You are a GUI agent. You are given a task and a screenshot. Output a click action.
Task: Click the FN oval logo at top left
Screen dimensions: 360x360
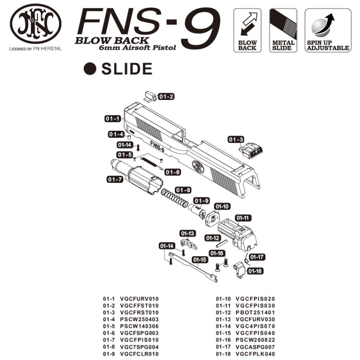coord(36,23)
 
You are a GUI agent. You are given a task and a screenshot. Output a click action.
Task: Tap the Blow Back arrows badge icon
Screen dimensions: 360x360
coord(247,30)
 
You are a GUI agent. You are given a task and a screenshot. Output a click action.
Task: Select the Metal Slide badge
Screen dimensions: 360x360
coord(283,30)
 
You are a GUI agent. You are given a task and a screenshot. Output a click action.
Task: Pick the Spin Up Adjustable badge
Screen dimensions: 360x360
coord(328,30)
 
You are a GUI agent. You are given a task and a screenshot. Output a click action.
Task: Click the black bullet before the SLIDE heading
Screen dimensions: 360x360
coord(90,69)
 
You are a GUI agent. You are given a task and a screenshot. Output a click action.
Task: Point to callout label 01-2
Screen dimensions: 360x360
coord(166,96)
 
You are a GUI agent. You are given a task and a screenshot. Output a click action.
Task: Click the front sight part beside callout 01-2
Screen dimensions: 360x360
coord(150,96)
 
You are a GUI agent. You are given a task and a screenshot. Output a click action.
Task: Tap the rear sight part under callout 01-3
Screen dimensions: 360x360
coord(250,150)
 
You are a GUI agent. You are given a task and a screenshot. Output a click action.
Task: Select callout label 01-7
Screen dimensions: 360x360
coord(115,179)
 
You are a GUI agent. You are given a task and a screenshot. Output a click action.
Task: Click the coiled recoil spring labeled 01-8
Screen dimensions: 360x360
coord(174,198)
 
